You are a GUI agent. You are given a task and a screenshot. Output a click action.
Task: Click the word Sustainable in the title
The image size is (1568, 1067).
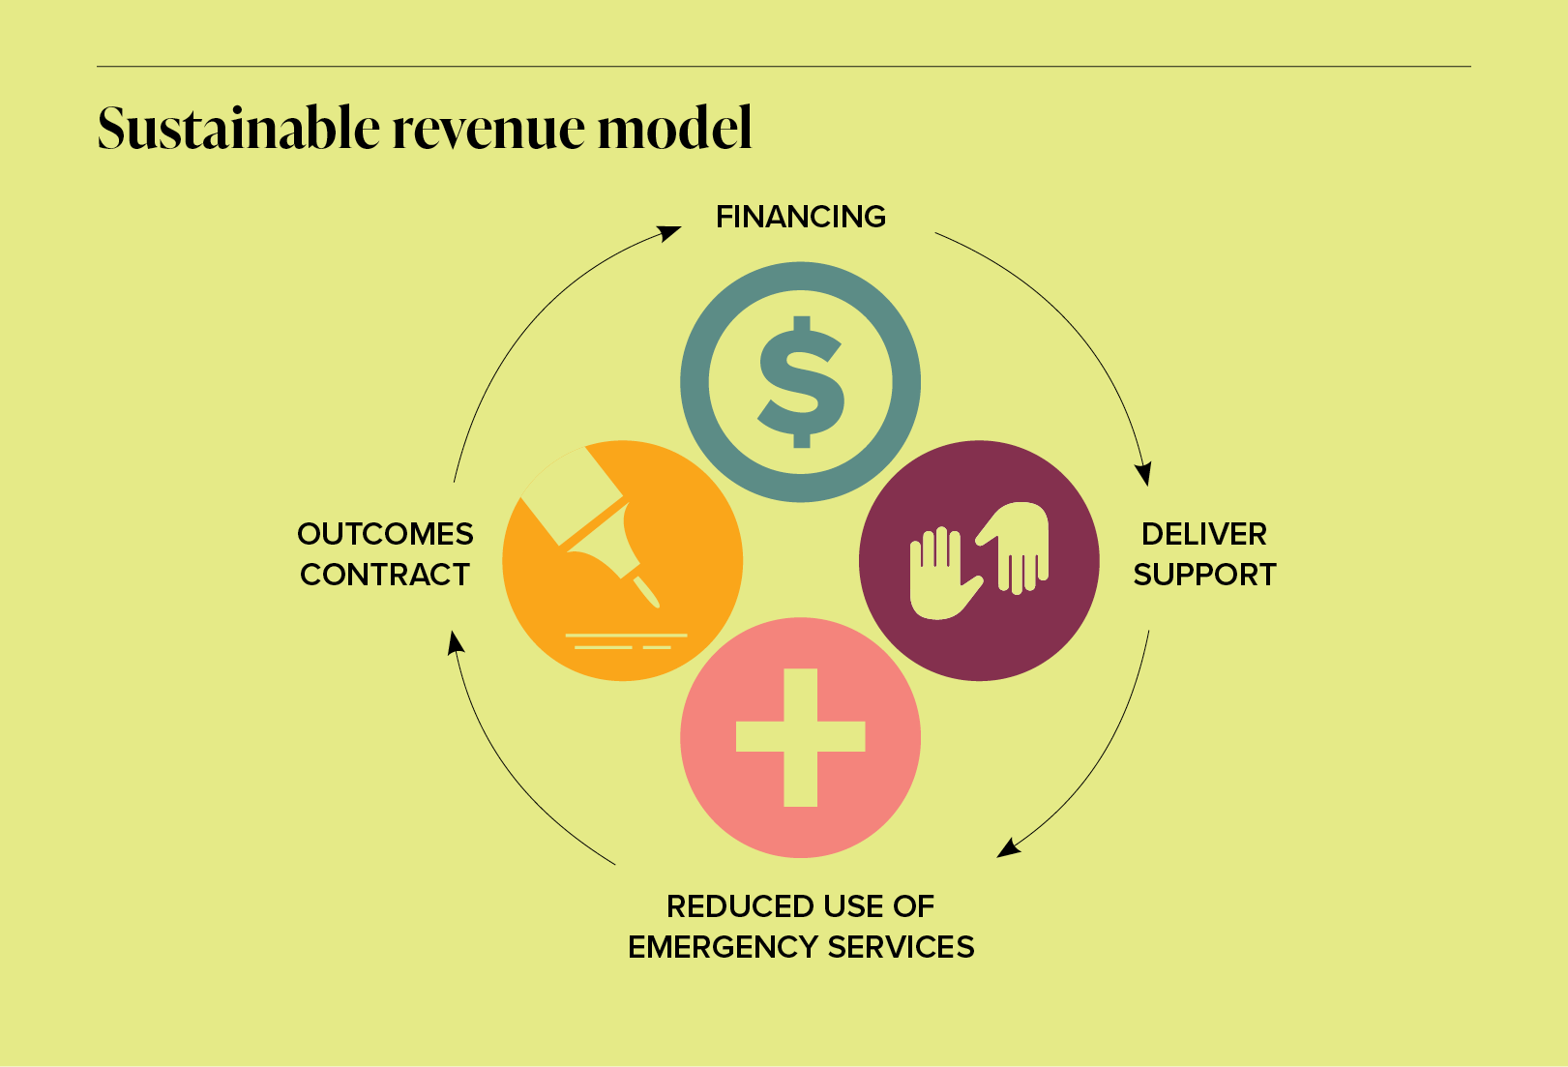[239, 129]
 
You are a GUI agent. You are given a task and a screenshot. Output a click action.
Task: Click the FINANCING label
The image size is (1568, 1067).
[800, 217]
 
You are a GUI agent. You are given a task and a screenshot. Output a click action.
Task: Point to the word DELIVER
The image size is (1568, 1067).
[1203, 534]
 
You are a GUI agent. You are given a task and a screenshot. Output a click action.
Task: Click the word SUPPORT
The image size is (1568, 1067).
[1204, 575]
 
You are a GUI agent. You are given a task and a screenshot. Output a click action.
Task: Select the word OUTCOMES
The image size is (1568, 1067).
[385, 534]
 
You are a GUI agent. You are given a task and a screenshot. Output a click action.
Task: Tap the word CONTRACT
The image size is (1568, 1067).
[385, 575]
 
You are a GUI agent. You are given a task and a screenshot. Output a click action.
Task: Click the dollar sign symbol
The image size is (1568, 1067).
[801, 382]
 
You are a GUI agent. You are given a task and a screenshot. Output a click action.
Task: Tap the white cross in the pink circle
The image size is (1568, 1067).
[801, 737]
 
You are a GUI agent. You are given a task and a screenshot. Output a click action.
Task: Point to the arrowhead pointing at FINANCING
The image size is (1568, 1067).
[669, 233]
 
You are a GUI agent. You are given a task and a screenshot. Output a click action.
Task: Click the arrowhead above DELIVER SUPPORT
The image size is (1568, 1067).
[1143, 473]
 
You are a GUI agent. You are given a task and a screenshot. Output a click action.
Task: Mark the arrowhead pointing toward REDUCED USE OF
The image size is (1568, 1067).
[1009, 848]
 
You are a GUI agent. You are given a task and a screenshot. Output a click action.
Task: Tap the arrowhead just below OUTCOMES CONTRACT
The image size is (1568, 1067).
[455, 642]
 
